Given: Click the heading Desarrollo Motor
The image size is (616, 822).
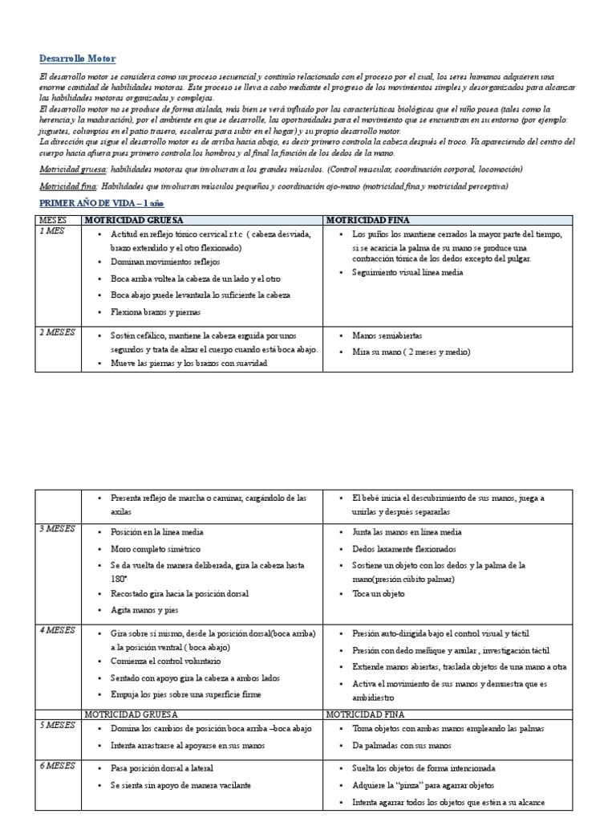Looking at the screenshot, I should [x=78, y=59].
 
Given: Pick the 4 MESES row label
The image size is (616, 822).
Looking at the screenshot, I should [x=57, y=631].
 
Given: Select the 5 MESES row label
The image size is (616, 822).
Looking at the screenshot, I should [x=57, y=725].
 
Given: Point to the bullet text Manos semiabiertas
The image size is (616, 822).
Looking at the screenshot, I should [x=387, y=336].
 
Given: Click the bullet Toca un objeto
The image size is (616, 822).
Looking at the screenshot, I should [x=379, y=594].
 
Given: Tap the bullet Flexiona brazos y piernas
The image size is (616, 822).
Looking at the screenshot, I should [x=156, y=312].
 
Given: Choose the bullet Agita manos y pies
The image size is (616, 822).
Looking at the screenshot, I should [x=145, y=610].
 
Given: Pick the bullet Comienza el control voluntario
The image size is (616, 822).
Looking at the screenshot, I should [x=166, y=661].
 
